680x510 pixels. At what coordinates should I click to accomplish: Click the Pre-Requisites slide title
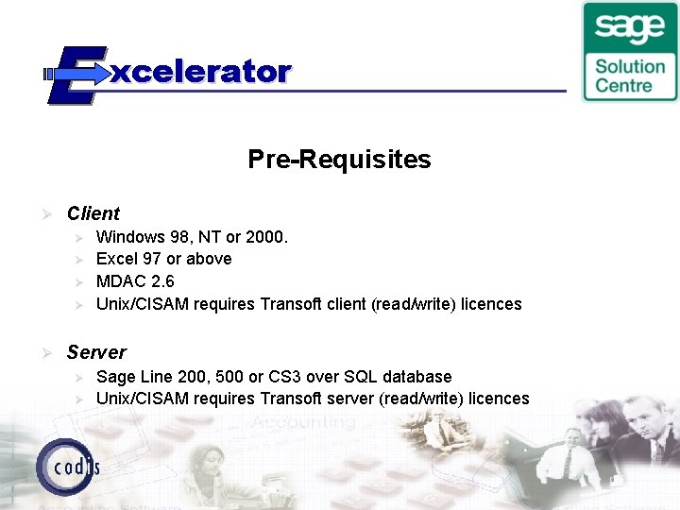(339, 160)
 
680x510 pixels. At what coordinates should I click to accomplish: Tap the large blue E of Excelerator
(75, 74)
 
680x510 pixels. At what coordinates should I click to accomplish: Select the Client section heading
(93, 214)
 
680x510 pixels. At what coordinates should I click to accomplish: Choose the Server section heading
(96, 352)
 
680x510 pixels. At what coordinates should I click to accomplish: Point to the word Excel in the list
(116, 259)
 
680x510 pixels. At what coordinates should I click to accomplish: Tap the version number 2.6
(161, 281)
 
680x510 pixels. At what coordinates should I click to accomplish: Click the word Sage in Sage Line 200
(116, 377)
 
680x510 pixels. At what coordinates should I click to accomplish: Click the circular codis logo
(67, 466)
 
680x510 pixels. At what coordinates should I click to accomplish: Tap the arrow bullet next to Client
(42, 214)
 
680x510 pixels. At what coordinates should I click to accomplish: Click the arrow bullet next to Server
(42, 352)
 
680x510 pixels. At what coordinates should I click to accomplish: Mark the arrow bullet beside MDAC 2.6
(79, 281)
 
